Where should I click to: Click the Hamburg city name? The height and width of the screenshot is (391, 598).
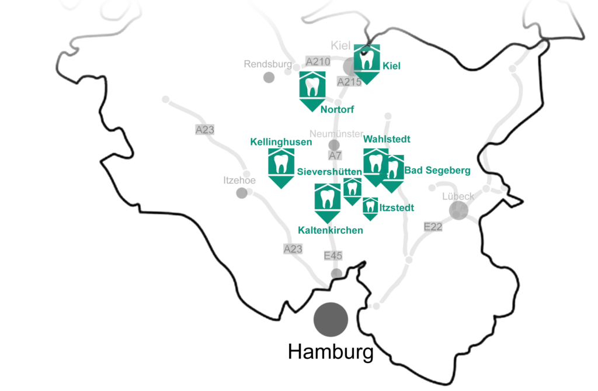click(331, 352)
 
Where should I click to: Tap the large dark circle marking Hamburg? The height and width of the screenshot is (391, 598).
click(331, 320)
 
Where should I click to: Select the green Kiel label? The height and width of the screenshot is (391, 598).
click(391, 65)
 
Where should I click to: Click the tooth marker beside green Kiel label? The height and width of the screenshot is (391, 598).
click(367, 64)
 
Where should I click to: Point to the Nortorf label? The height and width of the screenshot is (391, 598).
click(337, 110)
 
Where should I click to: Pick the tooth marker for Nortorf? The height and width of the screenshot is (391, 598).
click(312, 91)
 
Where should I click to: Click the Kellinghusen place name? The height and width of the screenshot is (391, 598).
click(281, 142)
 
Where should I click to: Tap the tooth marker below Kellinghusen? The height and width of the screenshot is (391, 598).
click(281, 168)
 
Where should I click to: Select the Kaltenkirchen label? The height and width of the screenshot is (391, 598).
click(331, 230)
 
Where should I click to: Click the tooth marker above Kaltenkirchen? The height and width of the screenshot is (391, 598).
click(328, 203)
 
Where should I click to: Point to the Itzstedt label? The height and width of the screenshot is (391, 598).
click(397, 207)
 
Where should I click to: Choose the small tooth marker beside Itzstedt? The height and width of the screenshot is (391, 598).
click(370, 209)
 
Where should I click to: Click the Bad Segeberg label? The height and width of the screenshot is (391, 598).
click(437, 170)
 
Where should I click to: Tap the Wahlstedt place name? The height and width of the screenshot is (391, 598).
click(387, 139)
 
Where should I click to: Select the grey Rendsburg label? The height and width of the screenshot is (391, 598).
click(267, 64)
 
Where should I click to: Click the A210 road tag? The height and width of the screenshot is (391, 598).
click(318, 61)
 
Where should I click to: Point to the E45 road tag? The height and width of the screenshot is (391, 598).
click(333, 255)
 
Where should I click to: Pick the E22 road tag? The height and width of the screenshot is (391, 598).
click(433, 227)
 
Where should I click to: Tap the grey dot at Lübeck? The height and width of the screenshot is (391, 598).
click(458, 210)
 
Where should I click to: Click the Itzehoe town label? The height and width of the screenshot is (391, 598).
click(239, 180)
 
